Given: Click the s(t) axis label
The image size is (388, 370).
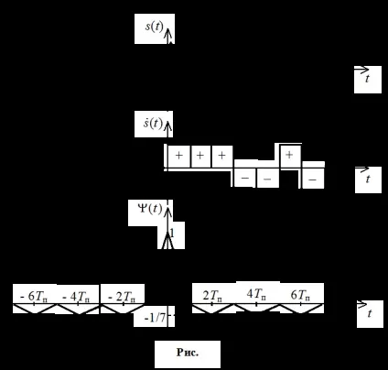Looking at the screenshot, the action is (155, 27).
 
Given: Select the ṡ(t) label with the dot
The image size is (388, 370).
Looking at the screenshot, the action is (153, 123).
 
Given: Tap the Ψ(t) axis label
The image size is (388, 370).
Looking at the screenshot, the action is (150, 209).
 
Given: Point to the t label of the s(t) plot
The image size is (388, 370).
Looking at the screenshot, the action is (367, 79).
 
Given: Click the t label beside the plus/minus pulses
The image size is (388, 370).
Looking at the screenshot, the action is (368, 179).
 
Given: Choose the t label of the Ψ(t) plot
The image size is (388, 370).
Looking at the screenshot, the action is (370, 313).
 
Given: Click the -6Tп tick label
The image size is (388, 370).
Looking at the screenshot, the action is (34, 296).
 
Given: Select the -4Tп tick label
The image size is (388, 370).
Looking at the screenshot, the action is (77, 296).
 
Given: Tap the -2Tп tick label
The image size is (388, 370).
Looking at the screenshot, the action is (122, 296).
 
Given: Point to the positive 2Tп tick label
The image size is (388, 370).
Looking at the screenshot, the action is (212, 295).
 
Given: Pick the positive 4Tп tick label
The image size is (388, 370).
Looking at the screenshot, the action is (256, 294).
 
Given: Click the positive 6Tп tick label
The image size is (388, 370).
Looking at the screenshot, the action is (300, 295).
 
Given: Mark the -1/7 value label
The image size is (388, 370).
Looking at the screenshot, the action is (155, 318).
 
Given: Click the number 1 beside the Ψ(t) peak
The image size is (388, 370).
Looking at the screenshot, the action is (172, 234).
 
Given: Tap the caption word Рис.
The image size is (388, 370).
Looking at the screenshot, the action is (188, 353).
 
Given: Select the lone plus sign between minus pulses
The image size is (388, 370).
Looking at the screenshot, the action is (289, 155).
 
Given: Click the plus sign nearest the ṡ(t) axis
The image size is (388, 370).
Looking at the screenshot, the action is (179, 156).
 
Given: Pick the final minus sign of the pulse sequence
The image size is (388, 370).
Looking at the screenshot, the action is (312, 180).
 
